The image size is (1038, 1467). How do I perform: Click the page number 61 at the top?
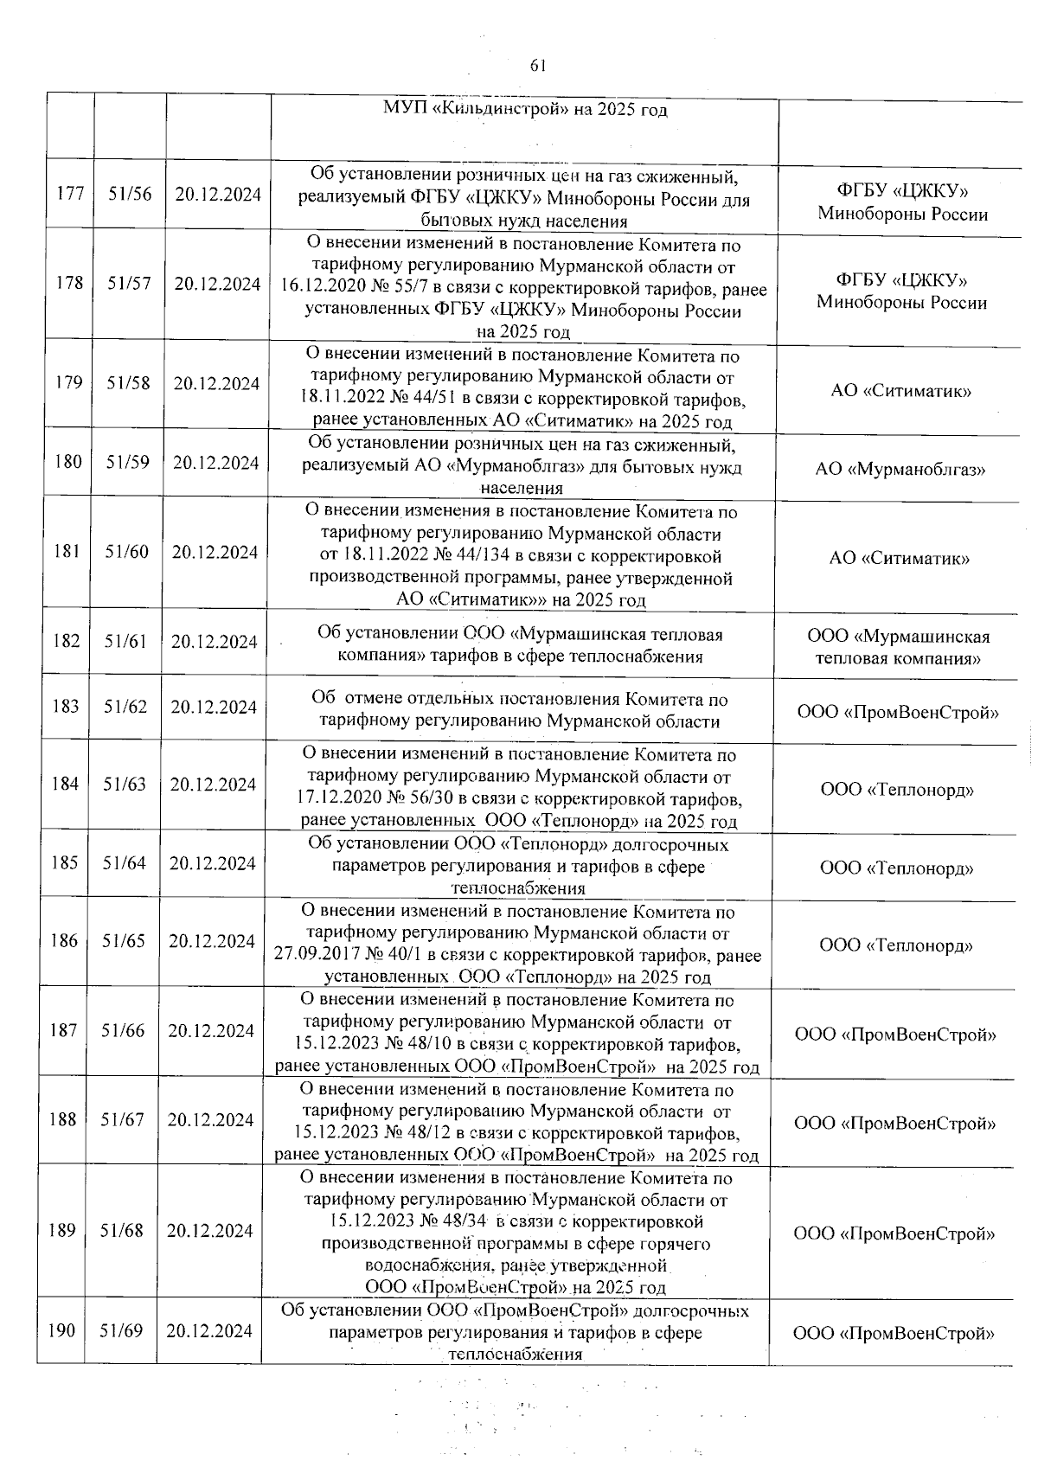coord(536,67)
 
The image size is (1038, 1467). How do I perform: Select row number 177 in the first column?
coord(70,193)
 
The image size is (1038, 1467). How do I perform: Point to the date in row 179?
coord(215,383)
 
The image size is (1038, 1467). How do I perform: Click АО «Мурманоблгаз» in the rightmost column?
coord(900,470)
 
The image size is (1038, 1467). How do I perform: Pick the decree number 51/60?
coord(127,551)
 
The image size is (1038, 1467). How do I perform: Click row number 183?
coord(66,706)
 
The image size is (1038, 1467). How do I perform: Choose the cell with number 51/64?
coord(125,862)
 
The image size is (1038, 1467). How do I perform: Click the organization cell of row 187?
coord(895,1035)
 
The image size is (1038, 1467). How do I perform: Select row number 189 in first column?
coord(62,1230)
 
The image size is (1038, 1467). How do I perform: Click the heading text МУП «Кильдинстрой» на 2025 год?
coord(525,111)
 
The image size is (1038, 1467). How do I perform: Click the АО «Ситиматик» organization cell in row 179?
coord(900,391)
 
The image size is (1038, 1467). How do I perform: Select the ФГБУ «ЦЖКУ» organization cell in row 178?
coord(901,291)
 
